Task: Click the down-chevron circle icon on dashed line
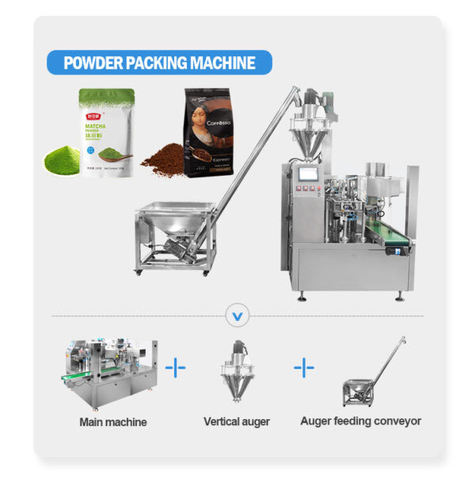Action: pyautogui.click(x=237, y=317)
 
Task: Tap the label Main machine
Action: pyautogui.click(x=113, y=422)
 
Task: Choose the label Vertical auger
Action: pyautogui.click(x=237, y=422)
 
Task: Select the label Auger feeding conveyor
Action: pyautogui.click(x=360, y=422)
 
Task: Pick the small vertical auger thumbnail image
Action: pyautogui.click(x=237, y=372)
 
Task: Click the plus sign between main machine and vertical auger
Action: pyautogui.click(x=175, y=368)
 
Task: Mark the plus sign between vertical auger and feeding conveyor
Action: pyautogui.click(x=304, y=368)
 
